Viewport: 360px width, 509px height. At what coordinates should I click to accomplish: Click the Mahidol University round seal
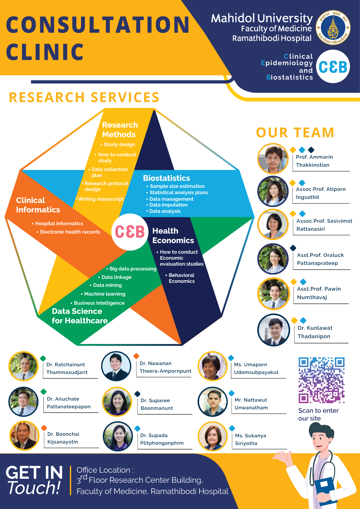point(333,28)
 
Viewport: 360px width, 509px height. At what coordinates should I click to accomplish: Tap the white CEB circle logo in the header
point(333,67)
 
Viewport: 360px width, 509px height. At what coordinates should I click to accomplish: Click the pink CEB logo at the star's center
point(130,232)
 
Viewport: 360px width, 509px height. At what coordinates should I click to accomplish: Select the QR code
point(322,380)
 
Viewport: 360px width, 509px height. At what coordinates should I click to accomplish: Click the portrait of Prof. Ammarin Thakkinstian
point(273,159)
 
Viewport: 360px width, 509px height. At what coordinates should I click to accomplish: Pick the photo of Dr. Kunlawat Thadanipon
point(274,330)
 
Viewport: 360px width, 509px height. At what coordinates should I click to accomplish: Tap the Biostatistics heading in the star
point(167,178)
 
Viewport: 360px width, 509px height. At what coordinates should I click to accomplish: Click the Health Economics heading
point(173,236)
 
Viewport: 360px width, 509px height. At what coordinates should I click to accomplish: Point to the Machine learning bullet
point(105,294)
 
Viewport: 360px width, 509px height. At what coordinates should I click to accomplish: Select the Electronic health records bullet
point(70,232)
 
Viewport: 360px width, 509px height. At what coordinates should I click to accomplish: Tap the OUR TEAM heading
point(295,133)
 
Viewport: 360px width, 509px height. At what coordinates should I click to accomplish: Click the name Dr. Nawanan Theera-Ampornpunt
point(165,367)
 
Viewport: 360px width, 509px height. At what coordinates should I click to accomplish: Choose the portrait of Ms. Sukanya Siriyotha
point(212,436)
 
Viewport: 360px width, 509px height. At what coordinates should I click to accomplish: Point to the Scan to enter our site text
point(318,414)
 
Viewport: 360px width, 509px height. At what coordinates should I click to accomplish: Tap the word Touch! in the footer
point(34,488)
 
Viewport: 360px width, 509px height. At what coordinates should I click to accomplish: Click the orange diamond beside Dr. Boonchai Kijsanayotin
point(44,428)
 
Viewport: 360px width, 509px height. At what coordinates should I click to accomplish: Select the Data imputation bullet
point(168,205)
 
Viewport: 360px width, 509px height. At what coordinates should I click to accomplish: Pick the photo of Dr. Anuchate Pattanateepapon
point(24,402)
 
